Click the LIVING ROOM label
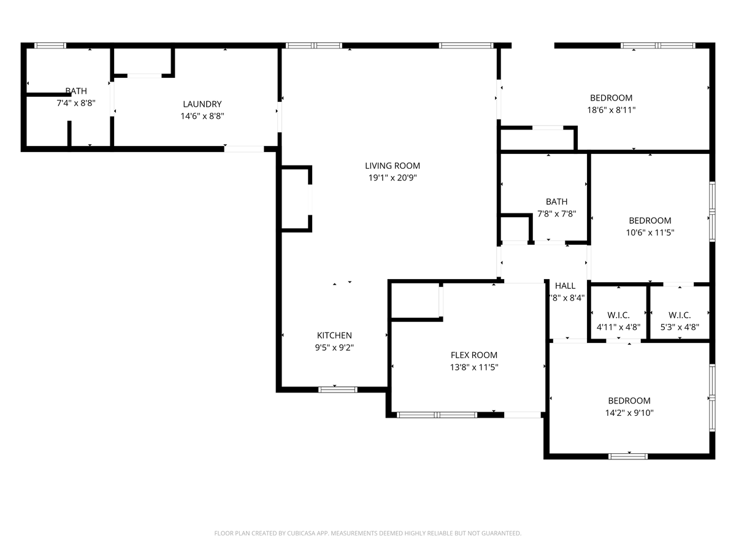point(393,166)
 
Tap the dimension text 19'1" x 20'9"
point(393,178)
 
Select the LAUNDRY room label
point(202,104)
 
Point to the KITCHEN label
point(334,335)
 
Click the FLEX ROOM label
point(473,355)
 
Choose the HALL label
point(565,286)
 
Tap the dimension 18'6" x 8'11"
point(611,110)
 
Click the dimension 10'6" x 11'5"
point(650,233)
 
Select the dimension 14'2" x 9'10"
point(629,413)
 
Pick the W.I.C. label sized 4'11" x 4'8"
point(618,315)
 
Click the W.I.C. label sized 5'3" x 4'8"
point(680,315)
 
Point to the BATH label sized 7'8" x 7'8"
point(556,202)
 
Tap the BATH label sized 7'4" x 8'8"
point(76,91)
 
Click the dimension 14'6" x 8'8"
point(202,116)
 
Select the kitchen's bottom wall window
point(338,389)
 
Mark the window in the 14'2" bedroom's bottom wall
point(627,456)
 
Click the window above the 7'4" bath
point(50,45)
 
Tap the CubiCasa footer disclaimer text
point(367,534)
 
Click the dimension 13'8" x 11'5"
point(473,367)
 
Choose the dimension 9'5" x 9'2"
point(334,347)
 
